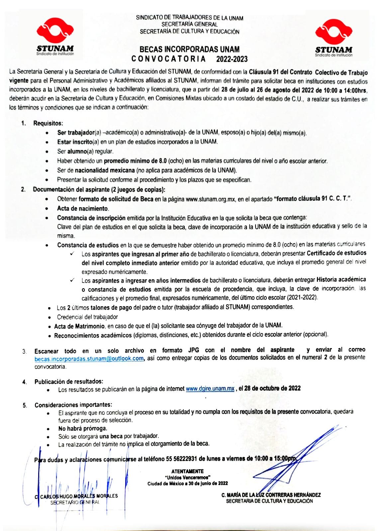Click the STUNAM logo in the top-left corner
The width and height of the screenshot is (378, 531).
click(x=55, y=37)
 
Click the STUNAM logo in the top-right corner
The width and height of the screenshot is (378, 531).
click(x=333, y=37)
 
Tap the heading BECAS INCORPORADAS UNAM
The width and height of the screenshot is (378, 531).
click(x=189, y=49)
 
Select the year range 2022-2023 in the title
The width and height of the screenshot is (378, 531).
click(x=232, y=59)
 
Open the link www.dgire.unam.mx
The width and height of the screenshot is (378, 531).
click(x=210, y=389)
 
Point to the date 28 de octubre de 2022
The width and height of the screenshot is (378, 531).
click(x=272, y=389)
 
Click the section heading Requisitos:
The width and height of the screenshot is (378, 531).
click(x=48, y=124)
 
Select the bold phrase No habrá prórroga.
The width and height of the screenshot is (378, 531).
click(x=83, y=428)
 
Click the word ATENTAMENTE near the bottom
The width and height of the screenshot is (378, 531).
click(x=188, y=471)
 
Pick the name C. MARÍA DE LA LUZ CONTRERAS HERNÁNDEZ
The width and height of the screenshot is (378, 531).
click(x=271, y=495)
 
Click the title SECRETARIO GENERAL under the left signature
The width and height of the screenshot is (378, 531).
click(x=75, y=502)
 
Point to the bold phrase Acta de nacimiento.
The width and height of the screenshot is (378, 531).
click(x=83, y=209)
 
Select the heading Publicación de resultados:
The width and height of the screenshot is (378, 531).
click(x=69, y=381)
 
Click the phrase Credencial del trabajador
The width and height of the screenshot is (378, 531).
click(x=87, y=317)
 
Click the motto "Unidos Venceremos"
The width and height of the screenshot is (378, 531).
click(x=188, y=478)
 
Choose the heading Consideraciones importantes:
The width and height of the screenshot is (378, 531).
click(x=73, y=405)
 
